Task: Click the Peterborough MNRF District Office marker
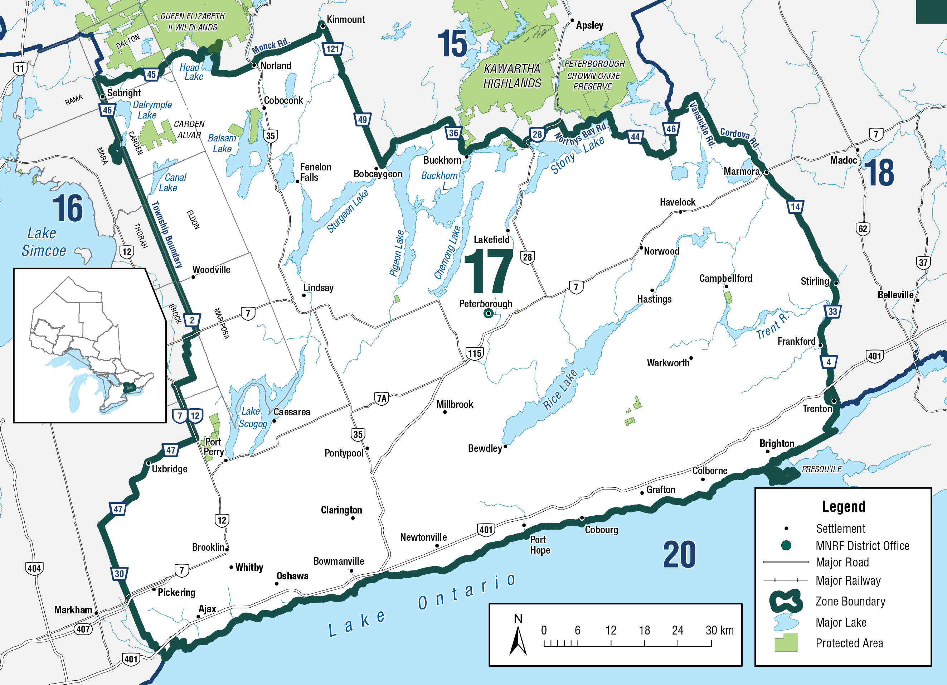click(x=488, y=313)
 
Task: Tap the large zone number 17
click(x=489, y=271)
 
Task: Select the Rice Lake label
click(x=560, y=389)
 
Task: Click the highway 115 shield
click(x=474, y=354)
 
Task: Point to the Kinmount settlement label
click(x=345, y=20)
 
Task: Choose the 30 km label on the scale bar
click(x=719, y=630)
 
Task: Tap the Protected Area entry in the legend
click(x=849, y=643)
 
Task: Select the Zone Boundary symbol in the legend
click(x=786, y=601)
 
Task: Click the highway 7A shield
click(x=382, y=399)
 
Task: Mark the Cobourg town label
click(x=601, y=530)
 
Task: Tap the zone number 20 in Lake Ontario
click(x=679, y=555)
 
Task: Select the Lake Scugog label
click(x=252, y=418)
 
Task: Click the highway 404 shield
click(x=34, y=568)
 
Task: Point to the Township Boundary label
click(x=167, y=234)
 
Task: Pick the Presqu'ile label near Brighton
click(x=821, y=469)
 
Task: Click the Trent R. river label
click(x=772, y=325)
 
